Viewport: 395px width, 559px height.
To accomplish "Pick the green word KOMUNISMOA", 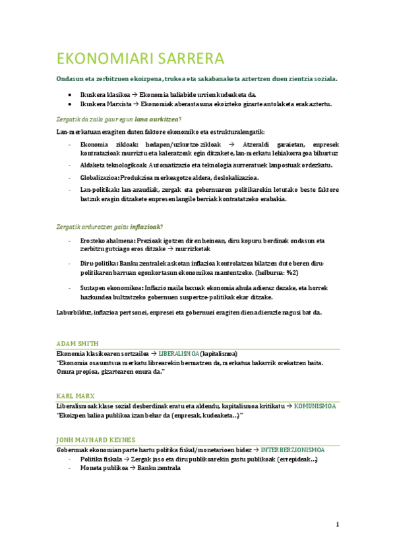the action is pyautogui.click(x=315, y=406).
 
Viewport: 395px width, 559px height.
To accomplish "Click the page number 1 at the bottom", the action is pyautogui.click(x=337, y=525).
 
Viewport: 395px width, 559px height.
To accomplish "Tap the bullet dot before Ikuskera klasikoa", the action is pyautogui.click(x=70, y=95).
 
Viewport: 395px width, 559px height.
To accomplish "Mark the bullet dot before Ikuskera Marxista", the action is pyautogui.click(x=70, y=104).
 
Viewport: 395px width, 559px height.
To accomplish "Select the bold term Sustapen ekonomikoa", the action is pyautogui.click(x=110, y=288).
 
